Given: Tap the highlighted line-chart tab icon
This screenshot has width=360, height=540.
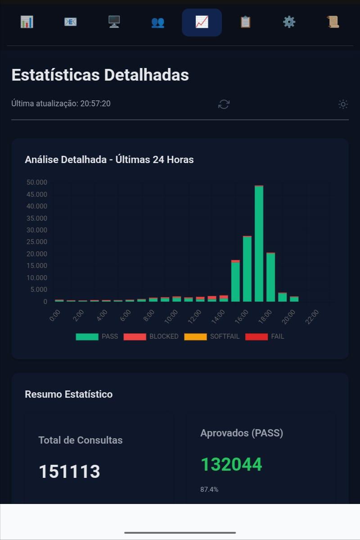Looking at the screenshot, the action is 202,22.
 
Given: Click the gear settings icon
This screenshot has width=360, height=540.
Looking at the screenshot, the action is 289,22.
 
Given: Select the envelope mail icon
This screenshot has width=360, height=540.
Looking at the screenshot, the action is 70,22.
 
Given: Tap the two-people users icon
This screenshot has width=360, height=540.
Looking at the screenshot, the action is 157,23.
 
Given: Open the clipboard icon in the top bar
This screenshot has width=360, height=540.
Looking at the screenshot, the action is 245,22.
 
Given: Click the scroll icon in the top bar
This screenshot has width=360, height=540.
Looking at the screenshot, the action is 333,22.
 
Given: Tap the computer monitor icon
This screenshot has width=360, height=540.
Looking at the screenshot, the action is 114,22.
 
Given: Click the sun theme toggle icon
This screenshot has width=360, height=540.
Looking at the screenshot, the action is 343,104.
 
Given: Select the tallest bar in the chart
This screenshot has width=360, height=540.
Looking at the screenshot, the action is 259,244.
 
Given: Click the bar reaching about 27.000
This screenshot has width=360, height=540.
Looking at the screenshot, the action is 247,268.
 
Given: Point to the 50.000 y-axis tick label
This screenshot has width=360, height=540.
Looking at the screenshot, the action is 37,182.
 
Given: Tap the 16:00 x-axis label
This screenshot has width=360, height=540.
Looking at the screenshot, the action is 241,317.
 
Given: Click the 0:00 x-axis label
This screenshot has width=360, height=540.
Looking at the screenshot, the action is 55,315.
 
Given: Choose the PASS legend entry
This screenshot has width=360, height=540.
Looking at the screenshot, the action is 97,336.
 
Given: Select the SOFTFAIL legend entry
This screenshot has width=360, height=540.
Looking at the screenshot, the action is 211,336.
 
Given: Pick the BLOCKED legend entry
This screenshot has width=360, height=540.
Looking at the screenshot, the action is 151,336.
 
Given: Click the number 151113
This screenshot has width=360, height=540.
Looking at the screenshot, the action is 69,472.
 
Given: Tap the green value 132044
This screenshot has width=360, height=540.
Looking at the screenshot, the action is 231,464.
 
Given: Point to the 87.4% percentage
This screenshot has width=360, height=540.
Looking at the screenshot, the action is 209,490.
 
